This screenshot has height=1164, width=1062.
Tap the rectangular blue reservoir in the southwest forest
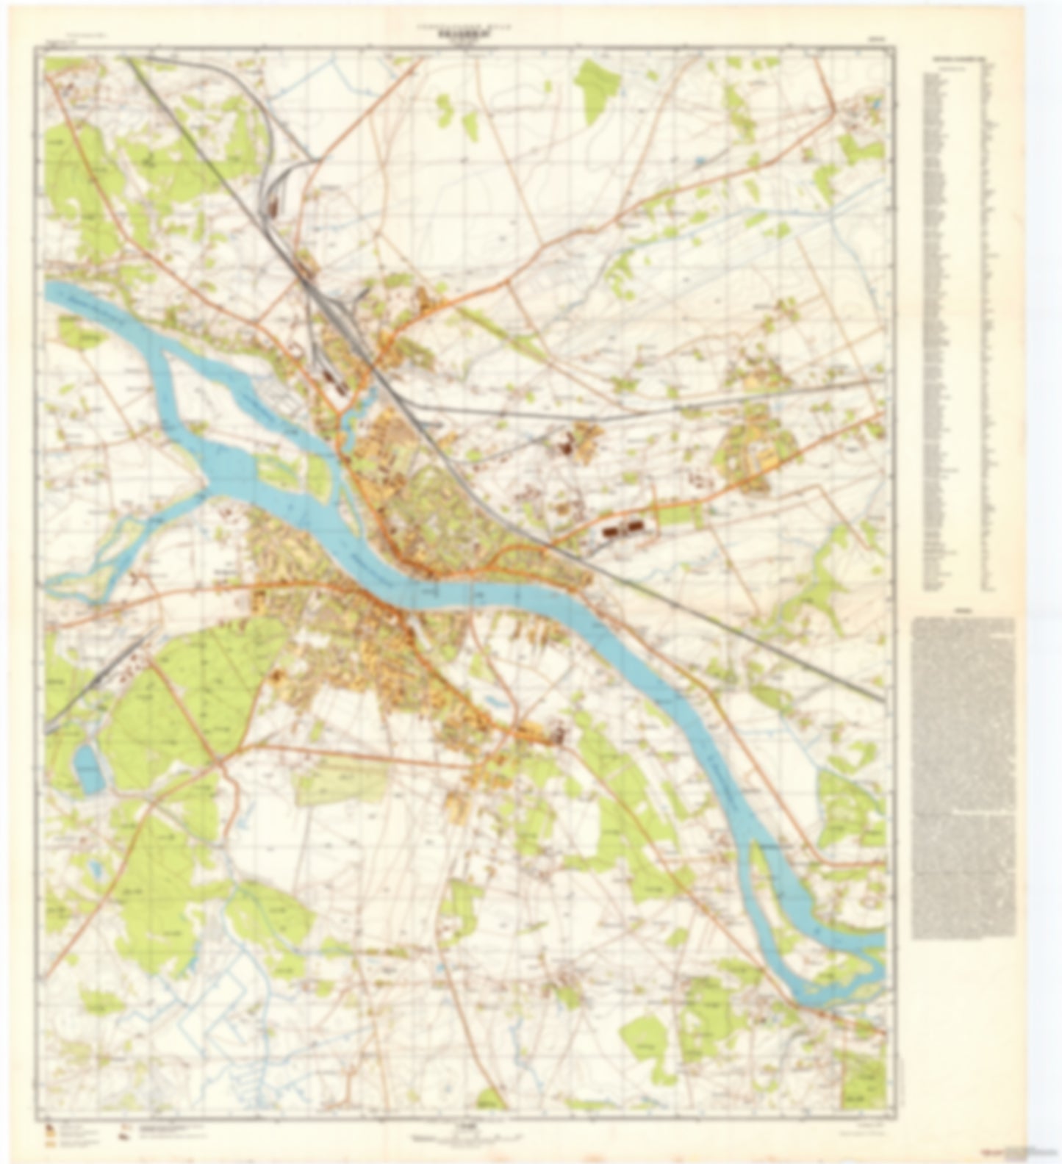(89, 769)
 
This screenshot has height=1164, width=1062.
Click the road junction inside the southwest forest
(220, 761)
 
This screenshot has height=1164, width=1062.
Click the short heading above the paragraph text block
(962, 611)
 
